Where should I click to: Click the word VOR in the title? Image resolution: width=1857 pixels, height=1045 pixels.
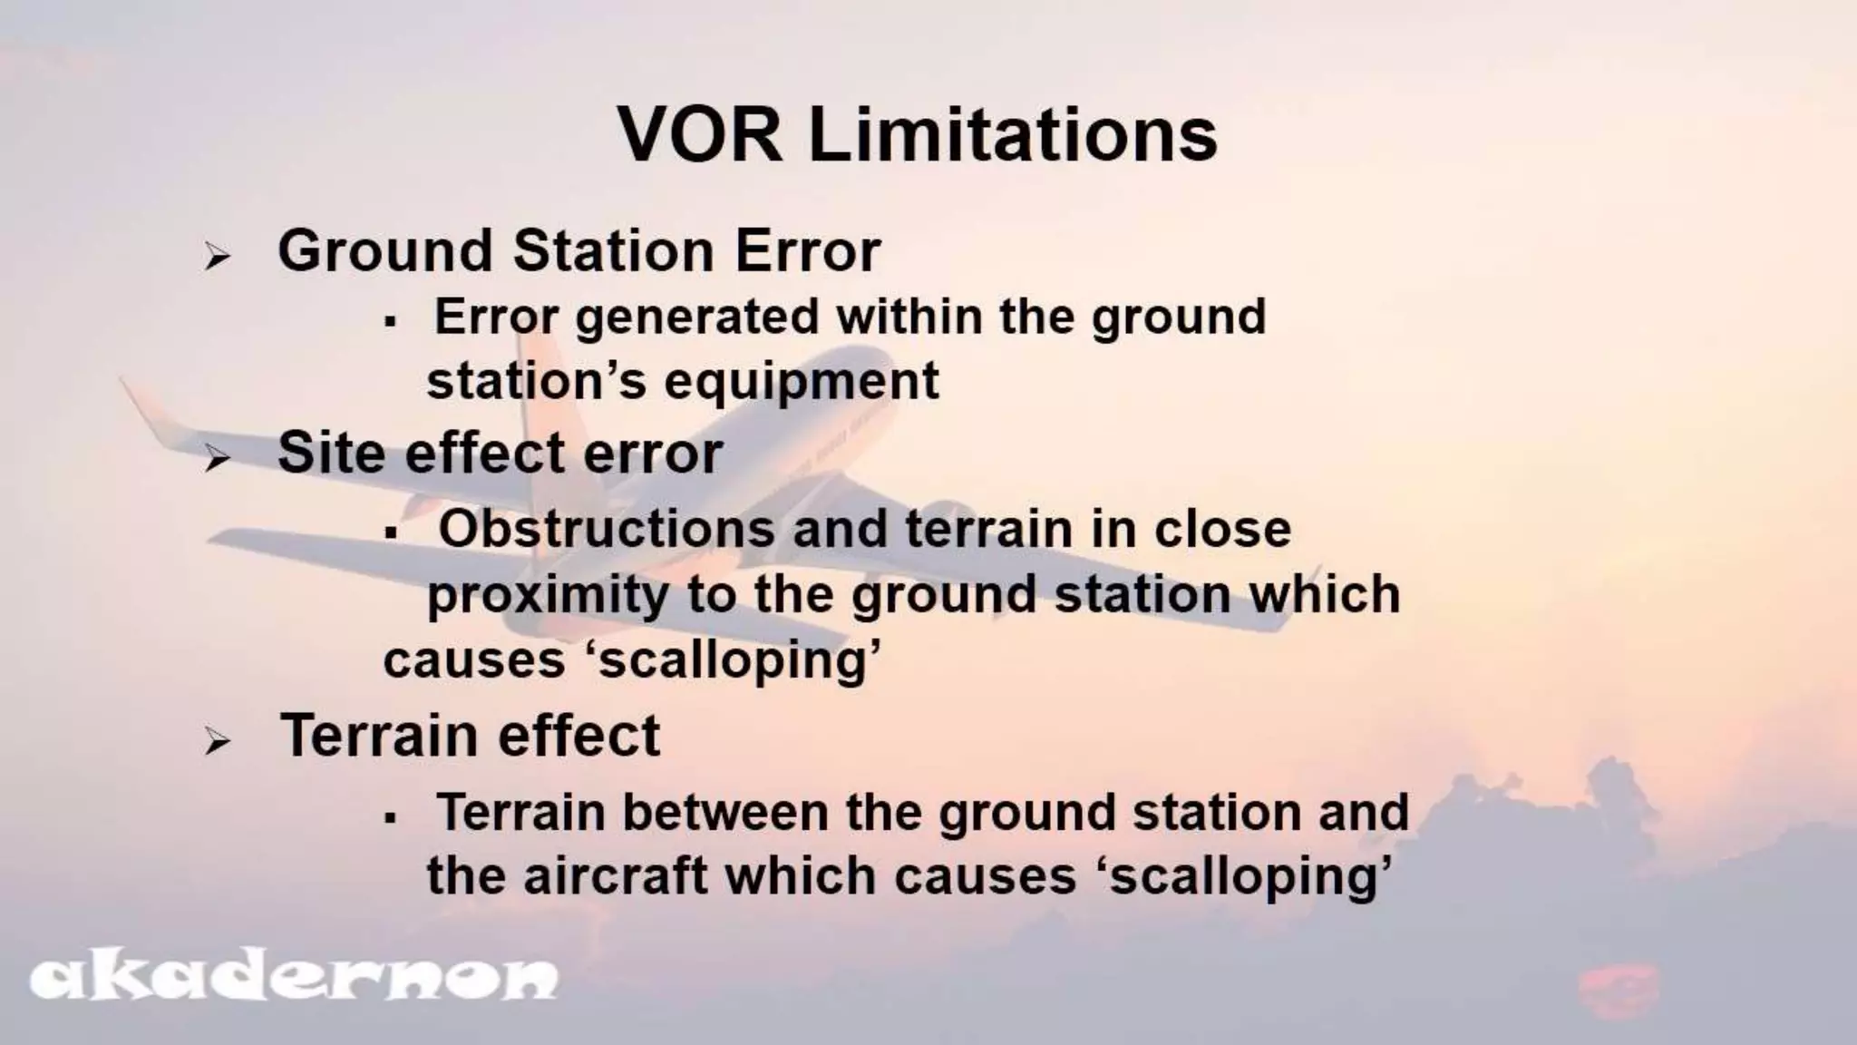[700, 136]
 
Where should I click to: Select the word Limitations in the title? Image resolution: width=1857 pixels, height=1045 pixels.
[1013, 136]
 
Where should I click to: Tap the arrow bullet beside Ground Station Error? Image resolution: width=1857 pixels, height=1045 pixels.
[217, 257]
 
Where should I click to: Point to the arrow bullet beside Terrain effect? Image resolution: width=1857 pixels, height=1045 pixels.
[217, 742]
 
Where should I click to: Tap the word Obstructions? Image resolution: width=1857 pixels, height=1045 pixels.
[606, 529]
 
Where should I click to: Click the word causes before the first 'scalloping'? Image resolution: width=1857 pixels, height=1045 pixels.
[474, 660]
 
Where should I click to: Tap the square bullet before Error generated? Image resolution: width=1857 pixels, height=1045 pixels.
[391, 322]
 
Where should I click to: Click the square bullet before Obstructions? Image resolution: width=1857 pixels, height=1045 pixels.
[391, 533]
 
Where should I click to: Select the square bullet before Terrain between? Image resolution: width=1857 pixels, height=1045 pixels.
[391, 817]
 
